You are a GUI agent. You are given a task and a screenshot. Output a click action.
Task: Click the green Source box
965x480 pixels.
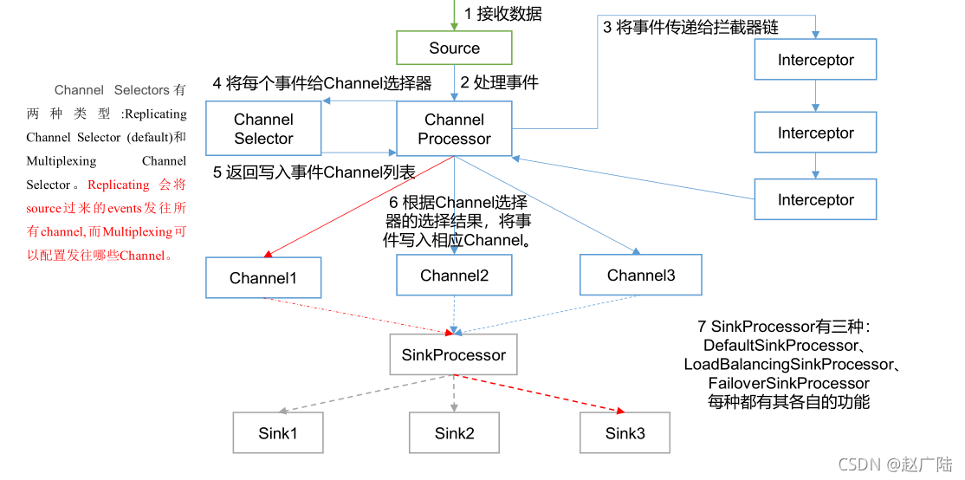(454, 49)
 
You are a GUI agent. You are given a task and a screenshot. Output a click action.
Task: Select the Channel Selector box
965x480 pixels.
(263, 128)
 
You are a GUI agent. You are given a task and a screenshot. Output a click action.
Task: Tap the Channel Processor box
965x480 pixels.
(454, 128)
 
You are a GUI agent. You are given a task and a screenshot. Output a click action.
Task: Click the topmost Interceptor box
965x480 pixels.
(815, 60)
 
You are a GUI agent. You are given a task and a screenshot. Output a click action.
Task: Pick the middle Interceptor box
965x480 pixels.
(815, 133)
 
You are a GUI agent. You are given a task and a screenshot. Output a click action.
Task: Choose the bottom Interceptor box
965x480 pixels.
(815, 200)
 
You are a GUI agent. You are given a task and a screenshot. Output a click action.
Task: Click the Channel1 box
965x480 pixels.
(263, 278)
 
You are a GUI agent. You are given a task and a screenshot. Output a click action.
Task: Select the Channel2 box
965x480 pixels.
(454, 276)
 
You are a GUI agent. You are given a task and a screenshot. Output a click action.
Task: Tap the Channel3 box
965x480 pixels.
(640, 276)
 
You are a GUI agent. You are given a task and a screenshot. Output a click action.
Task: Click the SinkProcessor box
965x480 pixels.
(453, 355)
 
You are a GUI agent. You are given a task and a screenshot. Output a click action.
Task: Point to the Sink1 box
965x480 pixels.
(277, 432)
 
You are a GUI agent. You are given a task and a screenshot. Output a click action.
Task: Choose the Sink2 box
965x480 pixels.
(454, 432)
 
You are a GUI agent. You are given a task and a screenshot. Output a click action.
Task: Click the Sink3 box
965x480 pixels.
(625, 432)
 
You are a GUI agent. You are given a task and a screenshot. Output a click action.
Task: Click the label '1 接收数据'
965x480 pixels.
(502, 13)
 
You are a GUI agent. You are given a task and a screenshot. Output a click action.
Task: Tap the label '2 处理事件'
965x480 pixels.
(499, 82)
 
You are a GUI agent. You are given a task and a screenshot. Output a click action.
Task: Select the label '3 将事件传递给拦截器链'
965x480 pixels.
(690, 27)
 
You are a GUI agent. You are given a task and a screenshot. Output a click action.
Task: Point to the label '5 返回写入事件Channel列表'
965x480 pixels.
(314, 172)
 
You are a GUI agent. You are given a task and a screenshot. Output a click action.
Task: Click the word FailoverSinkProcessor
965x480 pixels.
(788, 383)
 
